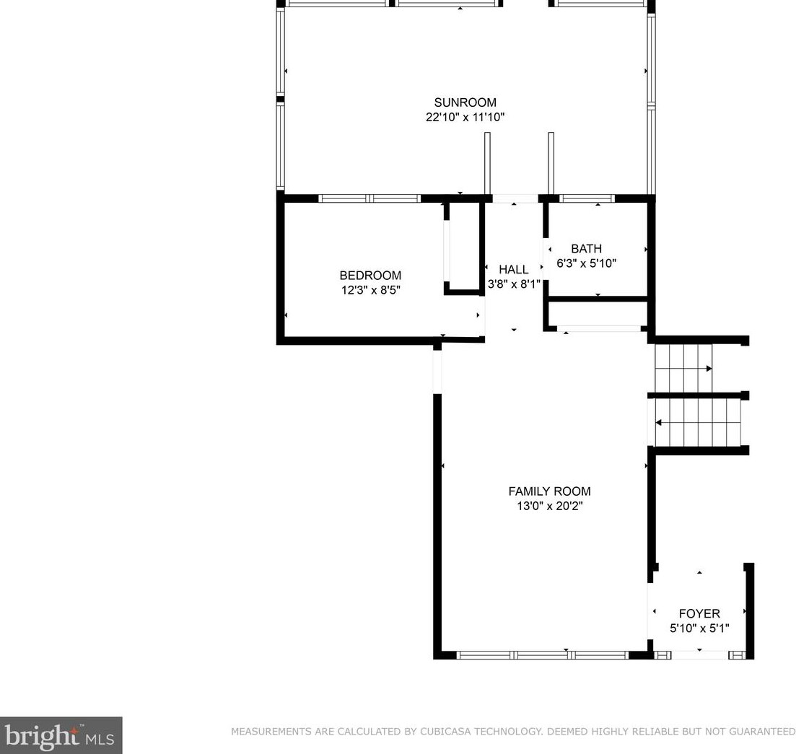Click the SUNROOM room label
465,102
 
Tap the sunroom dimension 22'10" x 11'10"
465,117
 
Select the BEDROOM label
370,276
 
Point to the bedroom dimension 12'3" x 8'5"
370,290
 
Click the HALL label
513,270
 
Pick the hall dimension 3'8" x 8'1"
513,284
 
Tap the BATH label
586,249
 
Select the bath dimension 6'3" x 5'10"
586,263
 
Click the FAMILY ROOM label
549,491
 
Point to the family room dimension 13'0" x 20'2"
549,506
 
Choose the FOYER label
699,614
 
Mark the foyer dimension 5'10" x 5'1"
699,628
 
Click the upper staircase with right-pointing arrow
683,369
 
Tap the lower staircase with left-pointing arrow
697,424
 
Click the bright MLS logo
61,735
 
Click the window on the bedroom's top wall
369,198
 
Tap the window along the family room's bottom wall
543,655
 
